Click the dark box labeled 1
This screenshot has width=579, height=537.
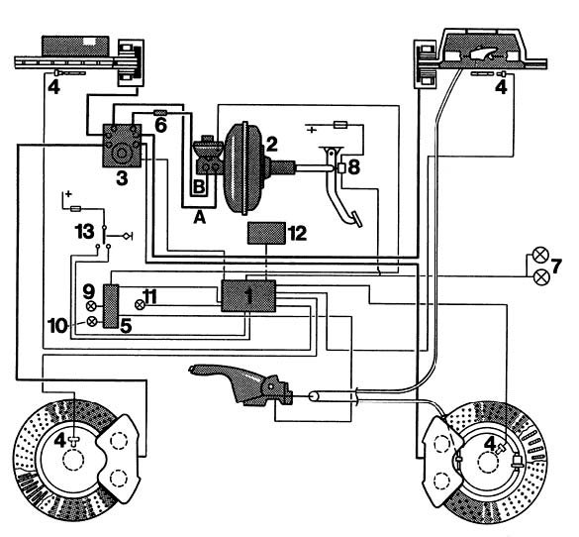(x=248, y=295)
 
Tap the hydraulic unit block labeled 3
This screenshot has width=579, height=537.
(x=122, y=146)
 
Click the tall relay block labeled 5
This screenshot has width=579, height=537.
(x=111, y=306)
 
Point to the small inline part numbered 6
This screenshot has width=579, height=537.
(x=160, y=112)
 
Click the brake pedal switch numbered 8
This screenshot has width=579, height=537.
(x=341, y=168)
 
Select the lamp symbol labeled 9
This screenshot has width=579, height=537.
(x=91, y=306)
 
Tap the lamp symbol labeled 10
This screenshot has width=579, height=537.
(x=92, y=322)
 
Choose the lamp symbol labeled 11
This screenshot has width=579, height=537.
(x=140, y=305)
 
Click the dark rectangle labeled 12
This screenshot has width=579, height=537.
(x=266, y=233)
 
